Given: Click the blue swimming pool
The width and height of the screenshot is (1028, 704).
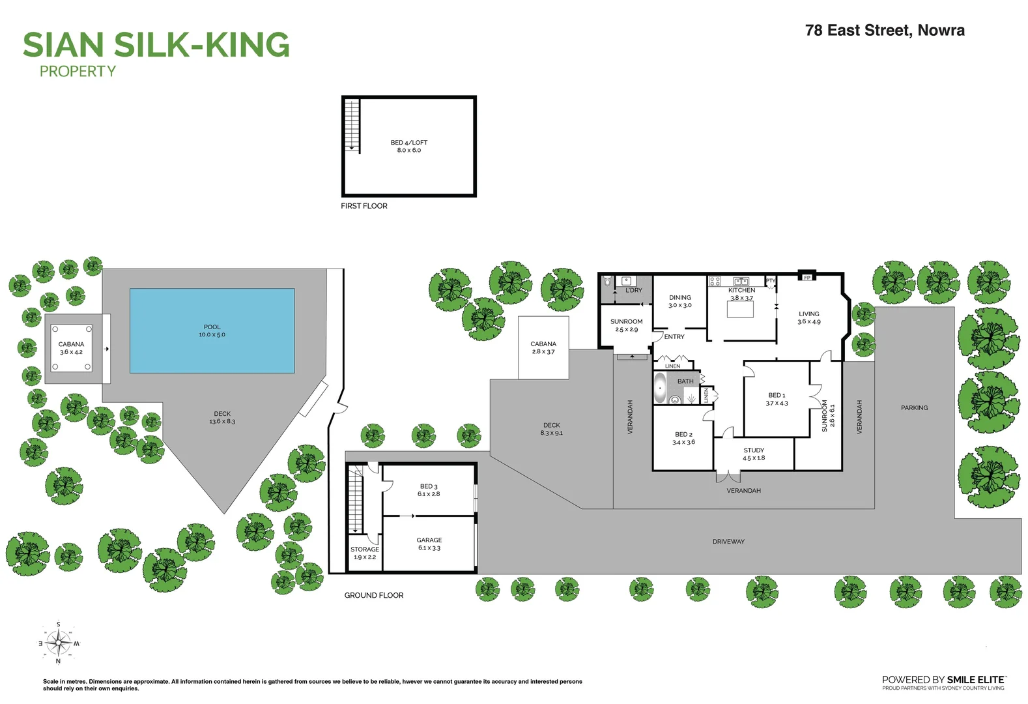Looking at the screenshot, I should tap(212, 330).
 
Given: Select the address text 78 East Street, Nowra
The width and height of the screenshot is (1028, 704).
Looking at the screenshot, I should tap(885, 30).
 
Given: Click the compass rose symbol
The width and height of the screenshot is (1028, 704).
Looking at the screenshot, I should tap(59, 643).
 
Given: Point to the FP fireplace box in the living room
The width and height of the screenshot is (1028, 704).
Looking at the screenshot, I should tap(807, 277).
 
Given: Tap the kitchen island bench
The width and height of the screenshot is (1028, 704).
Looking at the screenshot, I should tap(740, 309).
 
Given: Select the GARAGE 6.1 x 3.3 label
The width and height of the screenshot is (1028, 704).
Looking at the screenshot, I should tap(429, 544).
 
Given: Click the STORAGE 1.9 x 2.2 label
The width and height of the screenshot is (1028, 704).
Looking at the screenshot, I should tap(365, 553).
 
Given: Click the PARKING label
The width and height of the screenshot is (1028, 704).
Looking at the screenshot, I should tap(914, 407).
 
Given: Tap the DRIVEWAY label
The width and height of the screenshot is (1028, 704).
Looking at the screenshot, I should tap(728, 541).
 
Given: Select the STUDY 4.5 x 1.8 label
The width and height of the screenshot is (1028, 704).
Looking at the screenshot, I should tap(754, 454).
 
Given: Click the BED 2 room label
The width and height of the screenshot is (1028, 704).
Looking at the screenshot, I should tap(683, 438).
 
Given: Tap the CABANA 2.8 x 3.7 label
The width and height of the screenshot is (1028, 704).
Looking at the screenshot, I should tap(543, 347).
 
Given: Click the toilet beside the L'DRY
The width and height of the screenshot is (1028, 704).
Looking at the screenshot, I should tap(607, 282).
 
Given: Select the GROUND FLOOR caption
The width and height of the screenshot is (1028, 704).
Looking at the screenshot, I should tap(374, 595).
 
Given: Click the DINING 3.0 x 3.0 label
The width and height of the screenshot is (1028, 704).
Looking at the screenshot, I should tap(680, 301).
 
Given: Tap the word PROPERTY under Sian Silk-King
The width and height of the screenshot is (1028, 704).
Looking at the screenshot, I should tap(78, 72).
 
